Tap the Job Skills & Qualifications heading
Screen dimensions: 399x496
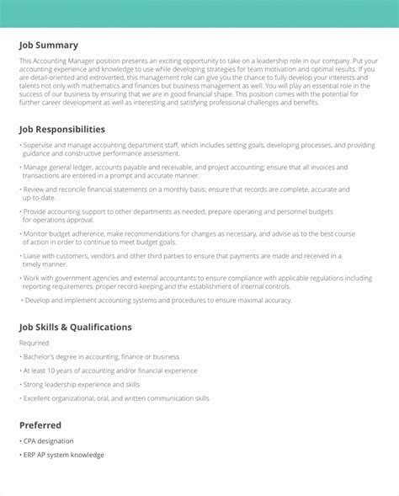tap(76, 327)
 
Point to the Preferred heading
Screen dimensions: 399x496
tap(40, 425)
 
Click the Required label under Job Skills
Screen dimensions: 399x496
tap(34, 344)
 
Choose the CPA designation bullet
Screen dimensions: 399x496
tap(49, 441)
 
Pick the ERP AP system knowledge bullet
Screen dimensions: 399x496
tap(63, 456)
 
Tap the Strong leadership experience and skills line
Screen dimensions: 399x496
tap(80, 384)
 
